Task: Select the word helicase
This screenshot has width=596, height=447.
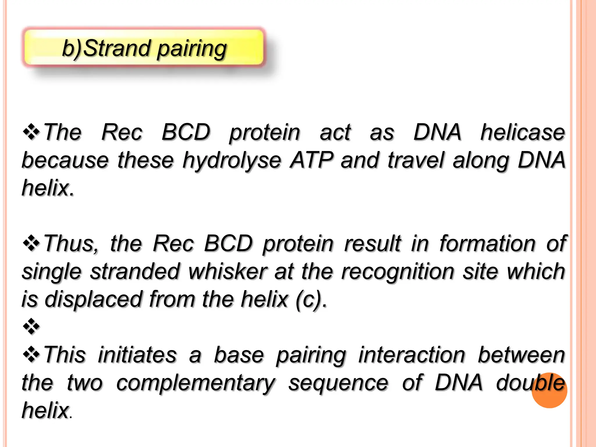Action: click(x=522, y=132)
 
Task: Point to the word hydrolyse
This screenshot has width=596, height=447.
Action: click(x=231, y=161)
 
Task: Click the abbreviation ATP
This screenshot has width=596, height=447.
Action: click(x=312, y=160)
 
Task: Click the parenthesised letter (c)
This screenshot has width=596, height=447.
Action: click(x=309, y=300)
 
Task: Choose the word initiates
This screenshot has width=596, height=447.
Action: click(x=137, y=355)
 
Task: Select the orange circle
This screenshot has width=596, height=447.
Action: click(x=549, y=390)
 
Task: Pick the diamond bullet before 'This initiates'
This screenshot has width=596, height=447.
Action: click(x=31, y=354)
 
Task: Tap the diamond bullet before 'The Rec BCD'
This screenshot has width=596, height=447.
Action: click(x=31, y=132)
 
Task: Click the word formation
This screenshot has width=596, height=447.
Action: click(x=487, y=243)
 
